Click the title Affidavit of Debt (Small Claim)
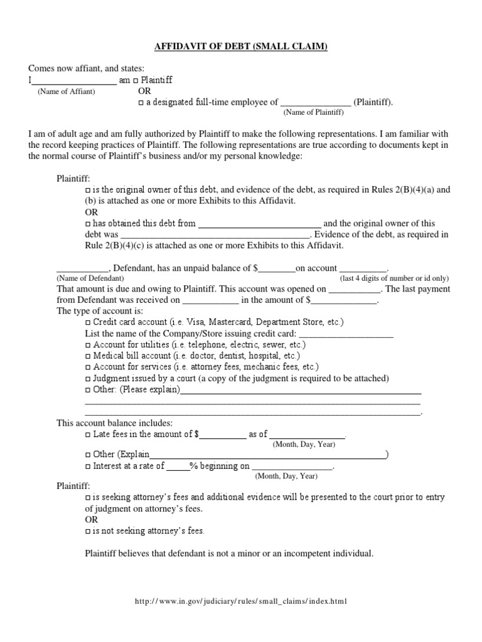[x=241, y=47]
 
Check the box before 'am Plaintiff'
[x=136, y=81]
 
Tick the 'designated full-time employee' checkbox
[x=141, y=103]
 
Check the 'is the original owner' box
[x=87, y=189]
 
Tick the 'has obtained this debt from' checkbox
[x=87, y=224]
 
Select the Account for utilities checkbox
[x=87, y=345]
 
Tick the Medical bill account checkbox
[x=87, y=357]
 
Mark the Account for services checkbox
[x=87, y=367]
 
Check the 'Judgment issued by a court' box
[x=87, y=379]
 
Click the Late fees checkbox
[x=87, y=434]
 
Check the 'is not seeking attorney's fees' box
[x=87, y=531]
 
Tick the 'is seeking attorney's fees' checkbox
[x=87, y=498]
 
